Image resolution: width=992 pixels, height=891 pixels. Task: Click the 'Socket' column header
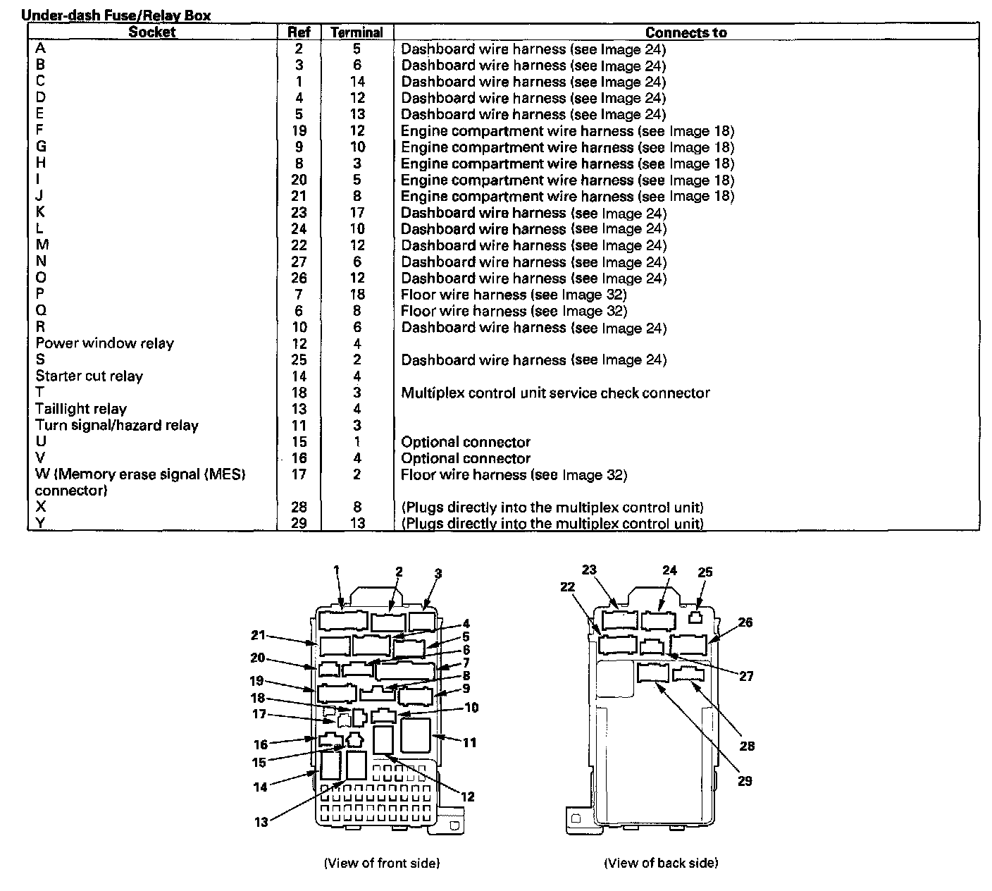[x=151, y=32]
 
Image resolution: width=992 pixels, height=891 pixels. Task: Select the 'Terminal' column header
[x=356, y=32]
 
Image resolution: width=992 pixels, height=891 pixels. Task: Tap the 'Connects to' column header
[x=686, y=32]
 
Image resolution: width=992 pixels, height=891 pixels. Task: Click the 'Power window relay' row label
[x=104, y=343]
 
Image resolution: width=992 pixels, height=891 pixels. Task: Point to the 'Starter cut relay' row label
[x=89, y=376]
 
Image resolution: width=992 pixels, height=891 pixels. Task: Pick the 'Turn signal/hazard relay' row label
[x=117, y=426]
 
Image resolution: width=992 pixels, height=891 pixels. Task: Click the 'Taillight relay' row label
[x=81, y=409]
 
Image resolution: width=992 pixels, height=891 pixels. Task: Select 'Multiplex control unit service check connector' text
[x=555, y=393]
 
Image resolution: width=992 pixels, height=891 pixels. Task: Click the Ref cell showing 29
[x=299, y=523]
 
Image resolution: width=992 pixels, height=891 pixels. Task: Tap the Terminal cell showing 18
[x=356, y=295]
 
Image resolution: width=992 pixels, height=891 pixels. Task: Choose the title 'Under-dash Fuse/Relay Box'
[x=116, y=15]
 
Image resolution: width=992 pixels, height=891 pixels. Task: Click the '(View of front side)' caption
[x=381, y=863]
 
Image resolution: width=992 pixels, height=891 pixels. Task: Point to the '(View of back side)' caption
[x=661, y=863]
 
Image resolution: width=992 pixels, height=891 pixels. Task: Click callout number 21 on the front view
[x=259, y=635]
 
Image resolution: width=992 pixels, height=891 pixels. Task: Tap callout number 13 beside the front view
[x=261, y=822]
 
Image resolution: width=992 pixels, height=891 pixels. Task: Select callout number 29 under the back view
[x=744, y=781]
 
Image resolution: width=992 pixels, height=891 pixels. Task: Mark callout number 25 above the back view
[x=705, y=572]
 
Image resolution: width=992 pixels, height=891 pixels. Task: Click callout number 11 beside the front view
[x=469, y=742]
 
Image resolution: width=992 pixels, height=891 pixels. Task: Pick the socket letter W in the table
[x=41, y=474]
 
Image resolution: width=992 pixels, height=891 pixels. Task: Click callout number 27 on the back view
[x=746, y=676]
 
